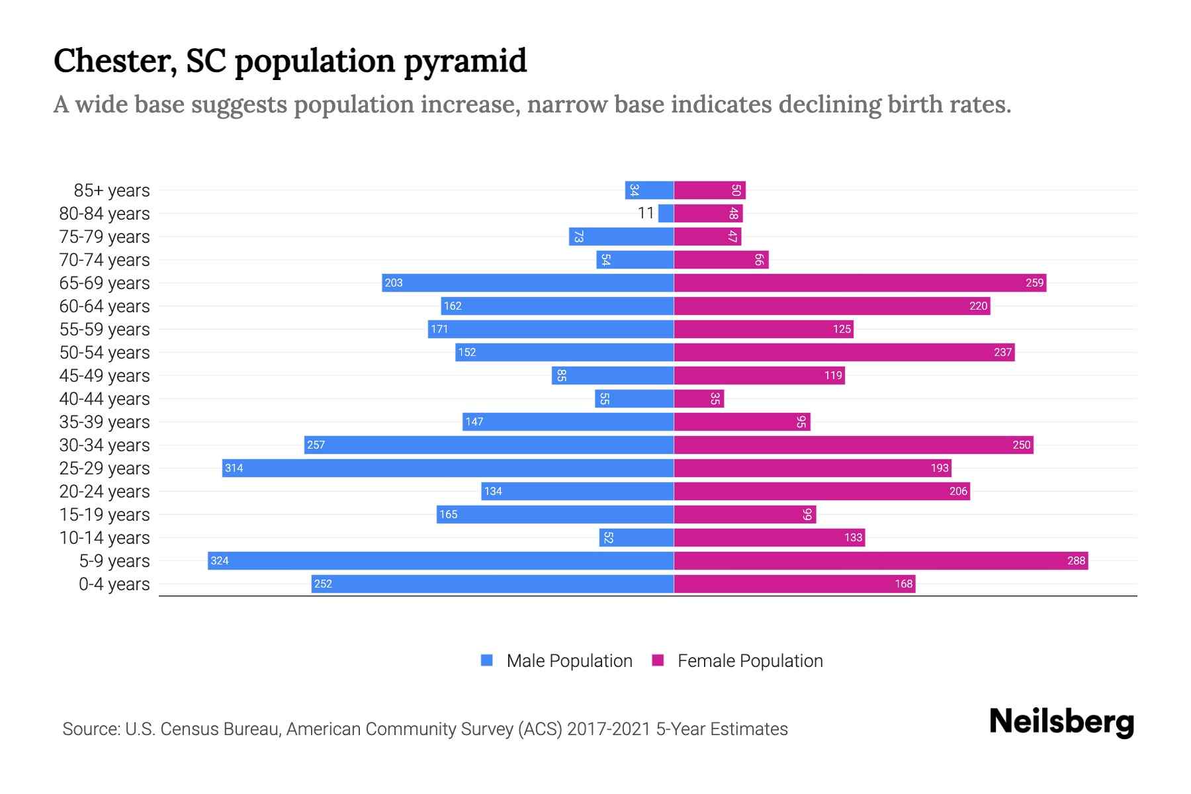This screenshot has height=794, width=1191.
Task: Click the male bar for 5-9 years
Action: click(x=440, y=560)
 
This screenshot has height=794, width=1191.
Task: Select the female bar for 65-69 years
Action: click(x=860, y=283)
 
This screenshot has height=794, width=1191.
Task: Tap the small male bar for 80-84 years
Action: click(x=666, y=213)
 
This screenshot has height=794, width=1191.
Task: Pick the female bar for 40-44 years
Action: click(x=699, y=398)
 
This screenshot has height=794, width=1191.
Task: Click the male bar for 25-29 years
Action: click(x=447, y=468)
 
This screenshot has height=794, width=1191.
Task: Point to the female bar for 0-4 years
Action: click(x=794, y=584)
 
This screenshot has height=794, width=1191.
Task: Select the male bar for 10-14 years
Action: click(x=636, y=537)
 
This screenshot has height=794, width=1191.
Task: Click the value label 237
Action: click(x=1002, y=352)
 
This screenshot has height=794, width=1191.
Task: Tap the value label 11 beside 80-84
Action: click(x=646, y=213)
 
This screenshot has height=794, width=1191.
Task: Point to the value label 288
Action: click(x=1076, y=560)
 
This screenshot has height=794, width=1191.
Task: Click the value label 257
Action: click(x=316, y=445)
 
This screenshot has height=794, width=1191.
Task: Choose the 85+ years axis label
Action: click(x=111, y=191)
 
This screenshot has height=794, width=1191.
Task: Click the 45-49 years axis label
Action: click(x=105, y=376)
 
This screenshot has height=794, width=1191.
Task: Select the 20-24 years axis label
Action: click(x=105, y=492)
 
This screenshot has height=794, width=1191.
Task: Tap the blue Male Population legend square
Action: click(x=487, y=660)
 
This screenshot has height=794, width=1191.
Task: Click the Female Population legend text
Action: click(x=750, y=661)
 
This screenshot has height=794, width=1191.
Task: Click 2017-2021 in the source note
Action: click(x=608, y=729)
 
